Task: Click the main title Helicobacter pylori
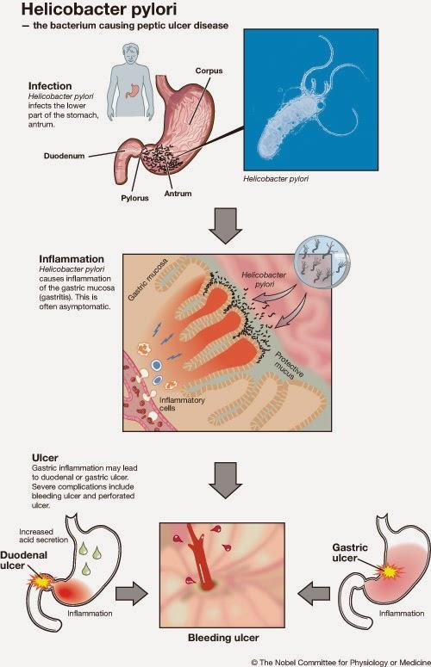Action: click(x=99, y=9)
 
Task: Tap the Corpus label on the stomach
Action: click(x=209, y=71)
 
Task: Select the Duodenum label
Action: click(x=64, y=156)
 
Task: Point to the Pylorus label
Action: click(x=134, y=198)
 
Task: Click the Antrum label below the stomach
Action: click(x=178, y=194)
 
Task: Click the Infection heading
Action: click(x=50, y=86)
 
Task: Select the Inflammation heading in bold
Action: click(x=72, y=259)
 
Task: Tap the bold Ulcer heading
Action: click(x=45, y=458)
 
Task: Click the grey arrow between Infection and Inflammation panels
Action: click(x=225, y=225)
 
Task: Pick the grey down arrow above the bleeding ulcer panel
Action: click(x=225, y=480)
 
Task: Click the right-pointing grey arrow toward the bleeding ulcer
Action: click(x=132, y=593)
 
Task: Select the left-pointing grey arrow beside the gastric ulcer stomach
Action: click(x=314, y=593)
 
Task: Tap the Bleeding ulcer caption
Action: click(x=223, y=638)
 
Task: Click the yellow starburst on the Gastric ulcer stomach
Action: click(x=389, y=571)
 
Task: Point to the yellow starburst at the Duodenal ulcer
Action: click(x=40, y=581)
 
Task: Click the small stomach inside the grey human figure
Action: click(x=133, y=90)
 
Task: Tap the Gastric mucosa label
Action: click(x=147, y=279)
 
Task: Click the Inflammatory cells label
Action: click(x=182, y=404)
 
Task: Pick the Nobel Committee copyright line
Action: click(x=340, y=663)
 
